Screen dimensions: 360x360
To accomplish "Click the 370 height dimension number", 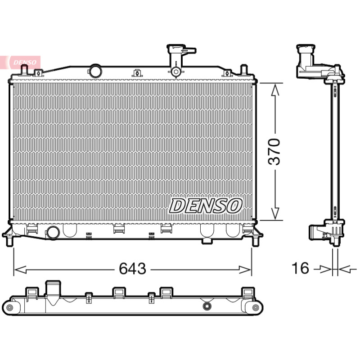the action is [274, 152].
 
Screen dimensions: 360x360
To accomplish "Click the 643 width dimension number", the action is [132, 268].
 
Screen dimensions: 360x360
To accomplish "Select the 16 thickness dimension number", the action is [300, 268].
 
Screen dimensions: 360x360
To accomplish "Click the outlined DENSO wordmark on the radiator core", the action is [206, 206].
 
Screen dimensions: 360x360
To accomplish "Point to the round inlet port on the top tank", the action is [95, 71].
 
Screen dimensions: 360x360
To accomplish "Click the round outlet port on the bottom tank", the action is [54, 233].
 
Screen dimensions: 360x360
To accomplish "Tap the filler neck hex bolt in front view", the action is [176, 72].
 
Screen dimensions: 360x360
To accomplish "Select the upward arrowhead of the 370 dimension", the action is [275, 89].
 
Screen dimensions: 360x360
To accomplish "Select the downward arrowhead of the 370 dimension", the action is [275, 213].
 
